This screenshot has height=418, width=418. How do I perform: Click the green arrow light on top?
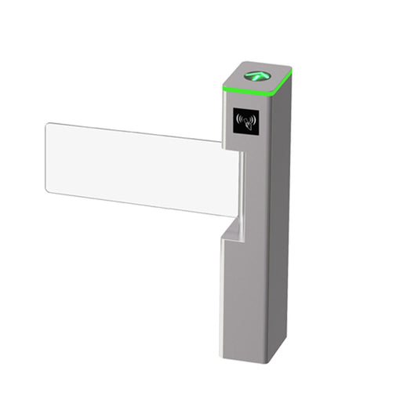[255, 77]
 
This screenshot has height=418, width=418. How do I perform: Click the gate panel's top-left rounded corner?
[49, 126]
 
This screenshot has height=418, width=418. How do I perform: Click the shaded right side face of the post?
[278, 235]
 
